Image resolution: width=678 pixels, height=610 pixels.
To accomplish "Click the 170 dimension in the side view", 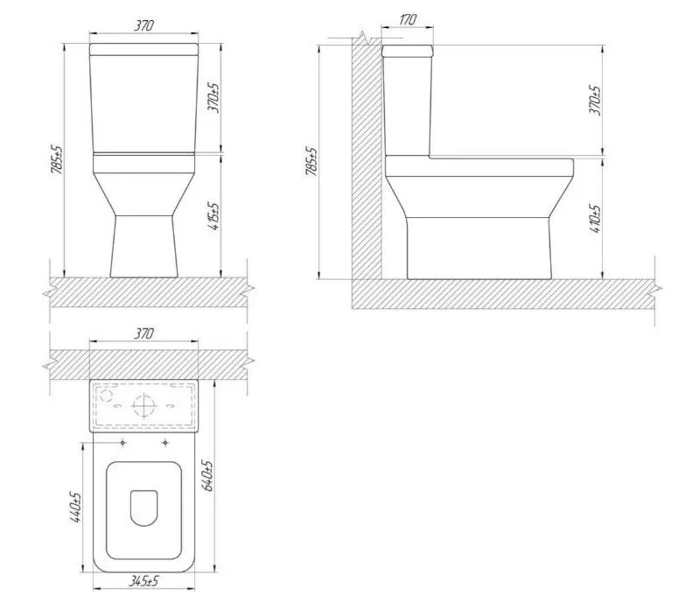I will point(407,18).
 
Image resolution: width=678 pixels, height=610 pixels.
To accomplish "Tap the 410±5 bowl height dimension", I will point(595,220).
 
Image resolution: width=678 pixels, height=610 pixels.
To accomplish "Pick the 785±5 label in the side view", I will point(312,162).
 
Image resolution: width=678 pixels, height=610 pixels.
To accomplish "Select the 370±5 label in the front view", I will point(214,99).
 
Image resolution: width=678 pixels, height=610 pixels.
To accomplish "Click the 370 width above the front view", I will point(144,26).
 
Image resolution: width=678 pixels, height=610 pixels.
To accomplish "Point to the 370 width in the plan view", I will point(144,333).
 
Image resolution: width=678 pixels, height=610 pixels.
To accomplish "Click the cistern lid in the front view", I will point(145,48).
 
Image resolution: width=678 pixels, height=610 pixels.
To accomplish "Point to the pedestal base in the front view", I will point(145,245).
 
